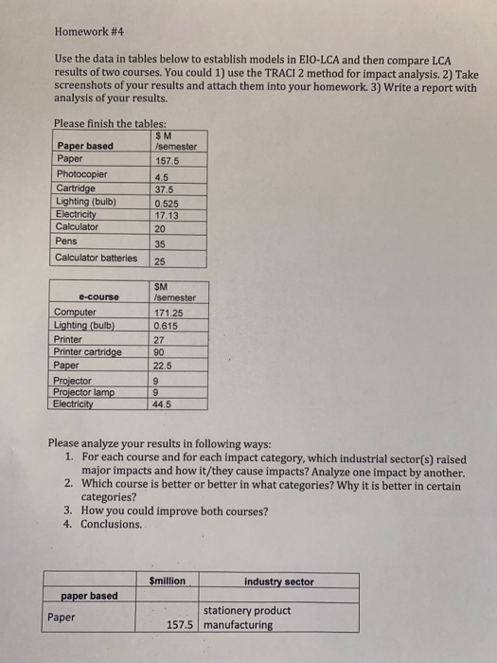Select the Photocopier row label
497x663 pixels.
pyautogui.click(x=82, y=174)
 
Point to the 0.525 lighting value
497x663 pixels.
pyautogui.click(x=166, y=202)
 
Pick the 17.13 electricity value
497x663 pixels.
pyautogui.click(x=166, y=214)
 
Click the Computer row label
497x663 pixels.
pyautogui.click(x=76, y=312)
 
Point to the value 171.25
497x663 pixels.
pyautogui.click(x=168, y=312)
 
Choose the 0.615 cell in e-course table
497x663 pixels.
pyautogui.click(x=165, y=325)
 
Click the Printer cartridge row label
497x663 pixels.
pyautogui.click(x=88, y=351)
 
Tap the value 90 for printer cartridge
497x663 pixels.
pyautogui.click(x=159, y=351)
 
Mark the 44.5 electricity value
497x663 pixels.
pyautogui.click(x=163, y=404)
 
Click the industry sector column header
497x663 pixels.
pyautogui.click(x=278, y=581)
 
